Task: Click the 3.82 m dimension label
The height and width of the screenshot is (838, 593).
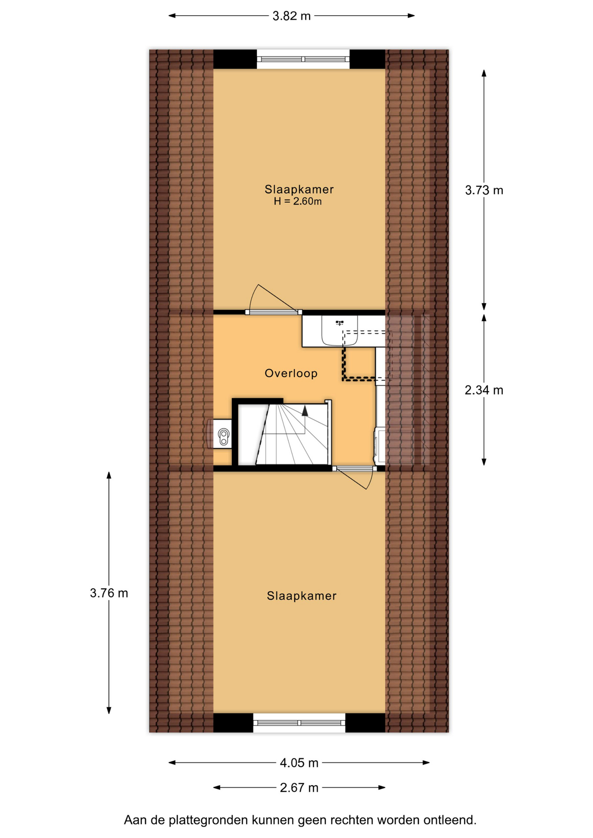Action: (291, 16)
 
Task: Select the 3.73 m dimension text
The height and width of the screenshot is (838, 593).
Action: (484, 190)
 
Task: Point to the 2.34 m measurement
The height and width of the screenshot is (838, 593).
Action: (484, 390)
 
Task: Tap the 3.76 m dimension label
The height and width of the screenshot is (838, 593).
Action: (109, 593)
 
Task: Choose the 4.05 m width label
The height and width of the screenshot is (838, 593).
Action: (299, 763)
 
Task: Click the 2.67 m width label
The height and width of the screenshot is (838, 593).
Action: (299, 788)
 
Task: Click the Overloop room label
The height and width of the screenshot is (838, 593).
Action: (291, 373)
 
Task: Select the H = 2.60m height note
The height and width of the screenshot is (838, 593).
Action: (298, 201)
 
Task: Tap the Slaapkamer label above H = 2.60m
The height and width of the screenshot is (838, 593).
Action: (299, 189)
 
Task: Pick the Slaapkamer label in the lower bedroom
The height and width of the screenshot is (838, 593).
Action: (302, 596)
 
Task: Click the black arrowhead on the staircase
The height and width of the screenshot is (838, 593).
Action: (305, 410)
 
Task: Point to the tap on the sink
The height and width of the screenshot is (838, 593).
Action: (340, 323)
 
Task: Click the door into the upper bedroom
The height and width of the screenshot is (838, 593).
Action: (273, 300)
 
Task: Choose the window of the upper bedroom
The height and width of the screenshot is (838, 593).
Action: (303, 59)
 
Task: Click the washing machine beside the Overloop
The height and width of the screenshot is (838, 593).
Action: (380, 446)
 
